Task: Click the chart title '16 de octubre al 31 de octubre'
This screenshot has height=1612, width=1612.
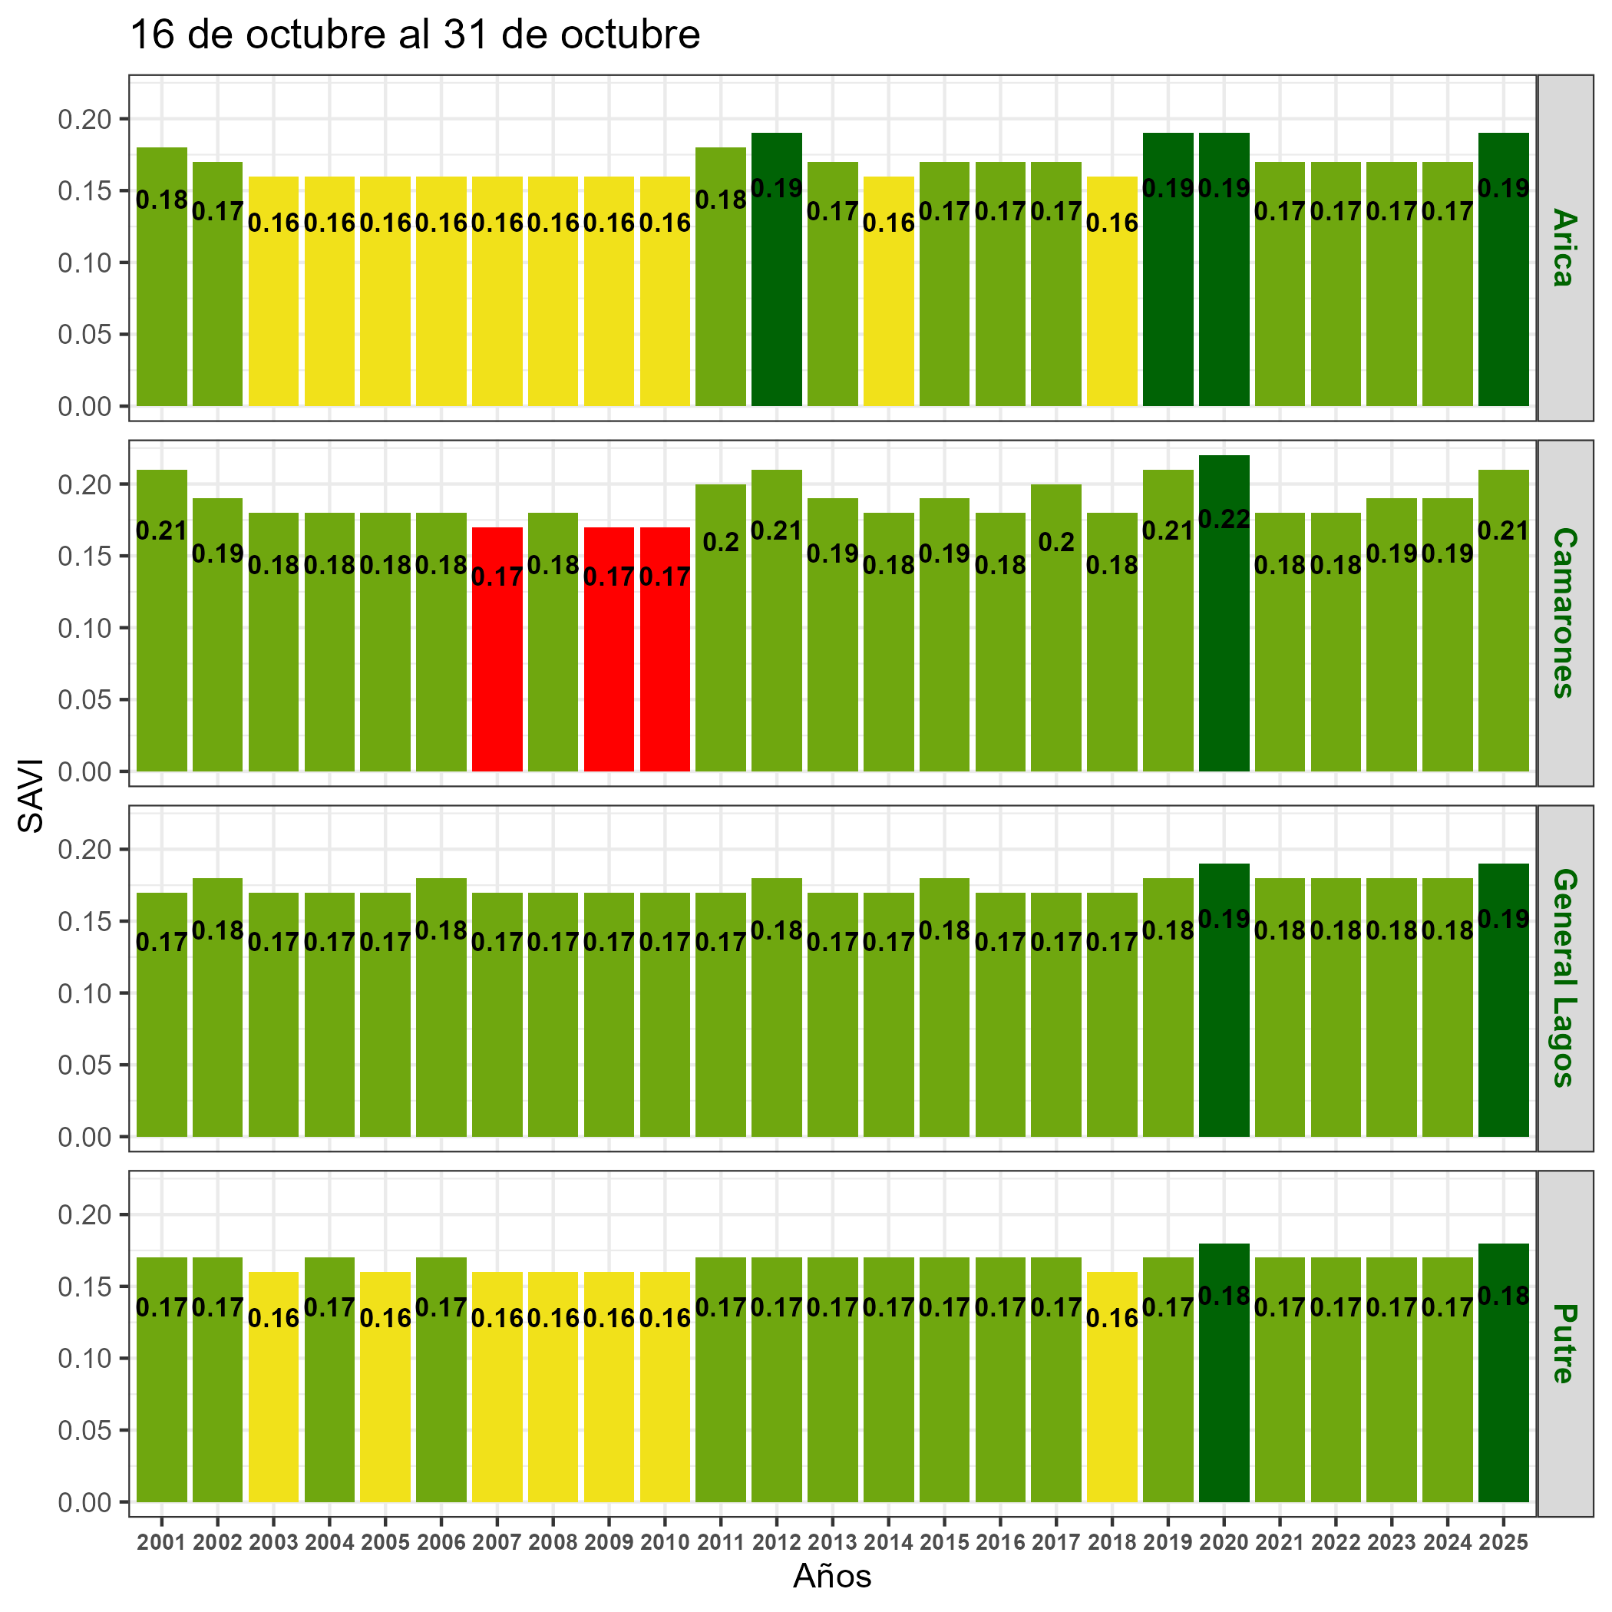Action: [x=415, y=35]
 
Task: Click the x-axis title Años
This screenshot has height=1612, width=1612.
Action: [x=832, y=1576]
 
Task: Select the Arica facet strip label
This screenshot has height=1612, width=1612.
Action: [x=1564, y=249]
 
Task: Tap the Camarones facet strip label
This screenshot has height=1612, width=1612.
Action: [x=1564, y=613]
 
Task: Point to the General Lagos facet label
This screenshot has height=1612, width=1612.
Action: [x=1564, y=978]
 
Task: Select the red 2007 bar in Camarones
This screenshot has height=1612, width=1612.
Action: [x=497, y=668]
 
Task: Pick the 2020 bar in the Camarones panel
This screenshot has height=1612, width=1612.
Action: [x=1224, y=651]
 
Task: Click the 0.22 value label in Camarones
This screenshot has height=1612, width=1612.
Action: [x=1224, y=520]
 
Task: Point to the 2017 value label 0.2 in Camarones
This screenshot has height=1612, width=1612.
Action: [x=1056, y=543]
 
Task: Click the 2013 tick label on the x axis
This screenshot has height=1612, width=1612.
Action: [x=832, y=1543]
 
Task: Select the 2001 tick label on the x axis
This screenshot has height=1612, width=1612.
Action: [x=161, y=1543]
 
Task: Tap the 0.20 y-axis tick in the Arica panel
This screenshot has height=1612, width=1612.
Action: [x=84, y=119]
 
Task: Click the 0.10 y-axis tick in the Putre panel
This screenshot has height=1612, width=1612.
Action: [x=84, y=1359]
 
